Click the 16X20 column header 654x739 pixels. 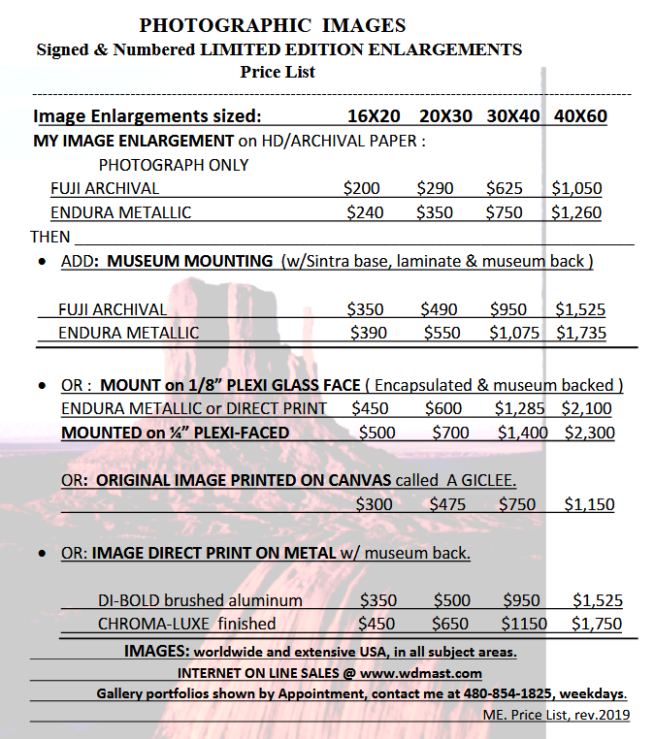374,116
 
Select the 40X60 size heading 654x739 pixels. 580,116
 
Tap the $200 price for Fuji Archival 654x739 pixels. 362,188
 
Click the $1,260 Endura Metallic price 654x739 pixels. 576,212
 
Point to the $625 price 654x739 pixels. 505,188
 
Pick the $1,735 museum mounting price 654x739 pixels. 581,333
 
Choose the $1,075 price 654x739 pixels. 514,333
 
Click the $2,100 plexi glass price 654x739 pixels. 586,408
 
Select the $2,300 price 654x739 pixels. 589,433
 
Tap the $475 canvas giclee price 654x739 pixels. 447,504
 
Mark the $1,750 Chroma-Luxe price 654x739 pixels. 597,624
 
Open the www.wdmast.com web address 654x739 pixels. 436,672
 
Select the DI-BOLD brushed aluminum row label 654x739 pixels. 200,600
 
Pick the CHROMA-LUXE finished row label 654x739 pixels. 186,624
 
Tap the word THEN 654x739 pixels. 50,237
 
